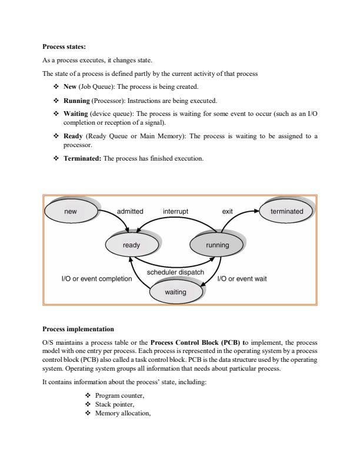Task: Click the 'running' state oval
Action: point(217,245)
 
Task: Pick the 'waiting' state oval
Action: point(175,292)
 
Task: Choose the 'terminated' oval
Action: point(287,211)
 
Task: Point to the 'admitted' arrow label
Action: point(130,211)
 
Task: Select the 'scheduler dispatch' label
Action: point(175,272)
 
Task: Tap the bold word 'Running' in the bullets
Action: point(76,99)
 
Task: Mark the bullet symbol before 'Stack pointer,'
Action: point(88,405)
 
